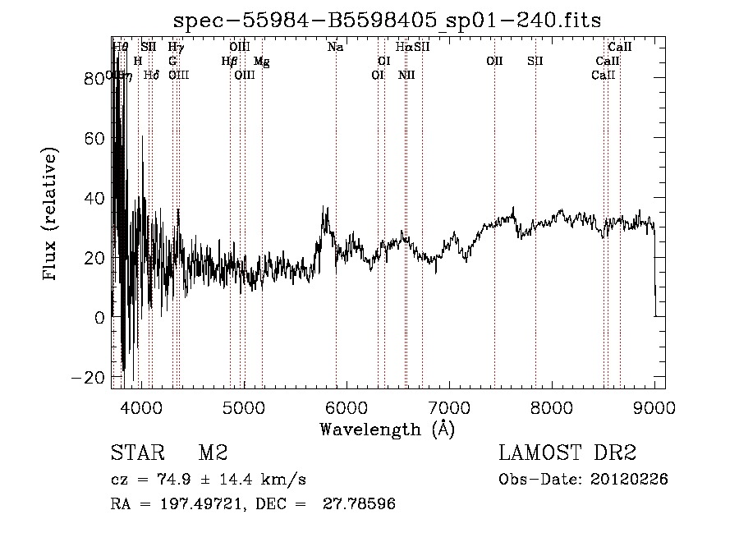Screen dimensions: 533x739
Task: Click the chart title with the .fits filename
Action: [388, 20]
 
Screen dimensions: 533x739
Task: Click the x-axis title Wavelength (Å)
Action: [387, 429]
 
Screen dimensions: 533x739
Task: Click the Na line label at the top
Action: [335, 48]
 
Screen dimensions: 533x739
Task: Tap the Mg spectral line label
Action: [261, 61]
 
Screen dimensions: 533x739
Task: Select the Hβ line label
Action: [229, 61]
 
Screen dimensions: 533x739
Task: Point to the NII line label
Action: [406, 75]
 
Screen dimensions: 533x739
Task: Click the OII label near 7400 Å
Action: [493, 61]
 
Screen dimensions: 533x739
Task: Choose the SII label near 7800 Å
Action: [535, 61]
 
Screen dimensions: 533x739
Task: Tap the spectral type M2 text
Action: [213, 453]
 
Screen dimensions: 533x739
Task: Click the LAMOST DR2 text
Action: [567, 453]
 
